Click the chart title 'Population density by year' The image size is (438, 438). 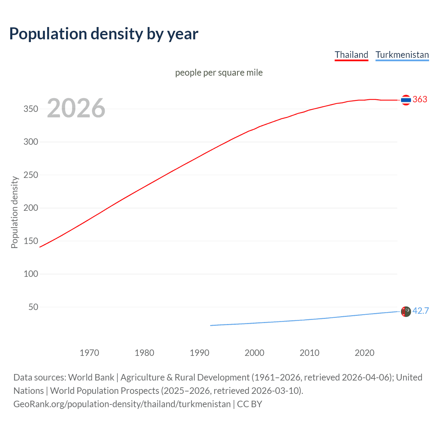point(104,34)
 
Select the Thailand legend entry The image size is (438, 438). point(351,55)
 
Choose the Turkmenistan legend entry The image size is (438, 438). point(402,55)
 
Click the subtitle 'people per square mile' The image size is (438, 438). point(219,73)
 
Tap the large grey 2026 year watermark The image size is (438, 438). point(76,108)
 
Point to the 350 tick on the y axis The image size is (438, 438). point(31,109)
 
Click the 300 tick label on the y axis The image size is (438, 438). point(31,142)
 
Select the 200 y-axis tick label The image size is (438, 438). point(31,208)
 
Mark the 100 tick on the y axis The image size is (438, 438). point(31,274)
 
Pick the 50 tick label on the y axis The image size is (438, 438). point(33,307)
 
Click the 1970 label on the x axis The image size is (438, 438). point(89,353)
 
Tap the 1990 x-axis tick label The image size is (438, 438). point(199,353)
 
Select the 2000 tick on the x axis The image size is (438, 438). point(254,353)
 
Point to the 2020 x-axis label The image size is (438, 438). point(364,353)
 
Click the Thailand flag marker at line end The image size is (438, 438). point(406,100)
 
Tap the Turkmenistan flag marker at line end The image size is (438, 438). point(406,311)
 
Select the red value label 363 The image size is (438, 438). point(420,100)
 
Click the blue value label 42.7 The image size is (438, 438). point(421,311)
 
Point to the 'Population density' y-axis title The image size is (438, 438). point(14,212)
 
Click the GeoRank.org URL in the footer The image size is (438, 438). point(122,404)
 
